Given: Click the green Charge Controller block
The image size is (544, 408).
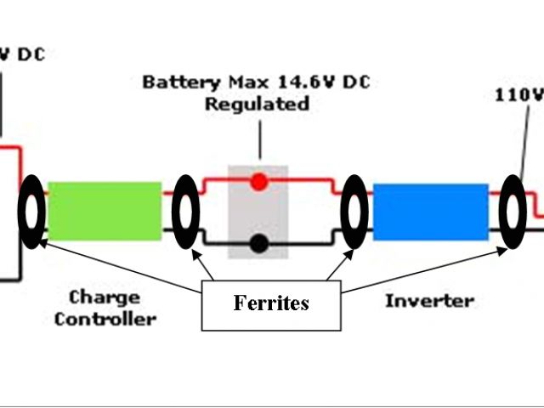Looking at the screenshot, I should (x=104, y=210).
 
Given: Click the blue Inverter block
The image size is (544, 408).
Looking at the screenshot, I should (x=431, y=211).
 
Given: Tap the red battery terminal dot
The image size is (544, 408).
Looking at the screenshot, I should (x=259, y=181).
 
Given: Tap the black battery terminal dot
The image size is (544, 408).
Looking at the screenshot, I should (x=259, y=244).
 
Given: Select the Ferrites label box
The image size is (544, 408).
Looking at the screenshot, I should (x=271, y=303).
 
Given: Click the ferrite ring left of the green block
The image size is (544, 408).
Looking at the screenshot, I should (x=31, y=212).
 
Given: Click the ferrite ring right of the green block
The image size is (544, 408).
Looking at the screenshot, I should (x=185, y=212).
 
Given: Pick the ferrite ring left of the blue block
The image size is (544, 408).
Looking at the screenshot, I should (x=353, y=212).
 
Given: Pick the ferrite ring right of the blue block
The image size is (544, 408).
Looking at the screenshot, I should (x=513, y=212).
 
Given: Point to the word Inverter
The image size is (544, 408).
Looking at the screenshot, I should (x=429, y=301).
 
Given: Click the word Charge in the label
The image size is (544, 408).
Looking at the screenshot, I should (x=104, y=297).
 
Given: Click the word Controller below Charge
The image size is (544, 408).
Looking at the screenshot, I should (x=105, y=319).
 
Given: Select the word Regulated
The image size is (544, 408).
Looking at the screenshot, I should (x=256, y=105).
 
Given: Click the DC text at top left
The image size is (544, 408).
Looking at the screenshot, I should (x=29, y=55).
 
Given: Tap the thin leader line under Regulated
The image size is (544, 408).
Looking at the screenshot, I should (x=259, y=140).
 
